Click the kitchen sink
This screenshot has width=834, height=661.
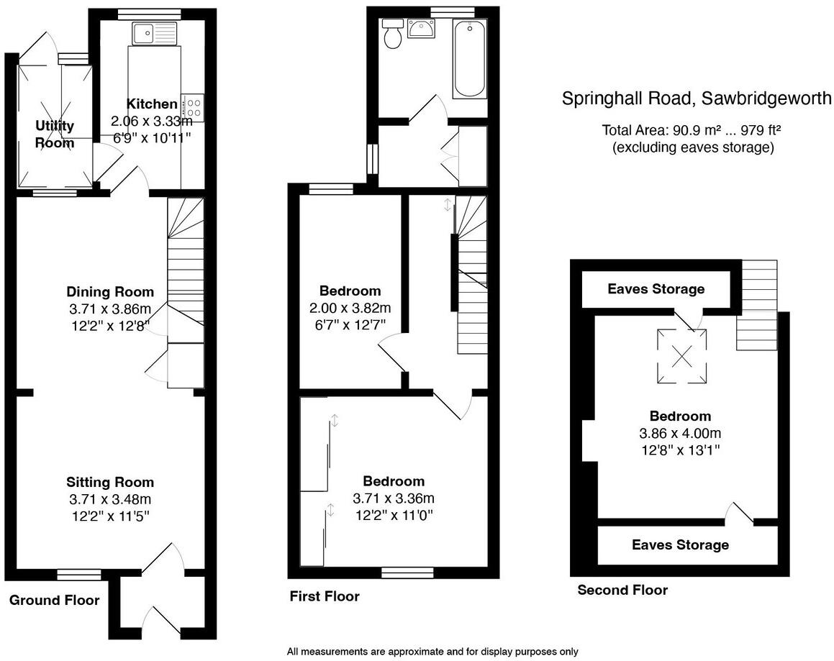pyautogui.click(x=154, y=32)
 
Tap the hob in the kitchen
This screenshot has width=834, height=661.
pyautogui.click(x=193, y=107)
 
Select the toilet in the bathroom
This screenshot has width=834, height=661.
pyautogui.click(x=393, y=35)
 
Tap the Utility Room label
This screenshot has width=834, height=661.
pyautogui.click(x=55, y=135)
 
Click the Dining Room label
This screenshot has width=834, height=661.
pyautogui.click(x=110, y=291)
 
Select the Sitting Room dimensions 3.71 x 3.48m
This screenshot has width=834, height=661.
pyautogui.click(x=110, y=499)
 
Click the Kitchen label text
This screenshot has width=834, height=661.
pyautogui.click(x=152, y=104)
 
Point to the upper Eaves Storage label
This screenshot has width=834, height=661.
pyautogui.click(x=656, y=289)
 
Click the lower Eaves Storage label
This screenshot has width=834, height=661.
pyautogui.click(x=680, y=544)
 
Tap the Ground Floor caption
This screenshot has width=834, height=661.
pyautogui.click(x=55, y=600)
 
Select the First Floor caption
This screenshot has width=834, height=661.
pyautogui.click(x=324, y=596)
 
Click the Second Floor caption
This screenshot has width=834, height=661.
pyautogui.click(x=622, y=590)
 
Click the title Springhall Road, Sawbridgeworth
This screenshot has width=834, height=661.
pyautogui.click(x=696, y=98)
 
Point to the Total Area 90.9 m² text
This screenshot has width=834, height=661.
pyautogui.click(x=692, y=131)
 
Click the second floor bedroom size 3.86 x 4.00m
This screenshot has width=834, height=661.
pyautogui.click(x=680, y=433)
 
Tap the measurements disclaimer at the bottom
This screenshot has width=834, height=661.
pyautogui.click(x=432, y=652)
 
